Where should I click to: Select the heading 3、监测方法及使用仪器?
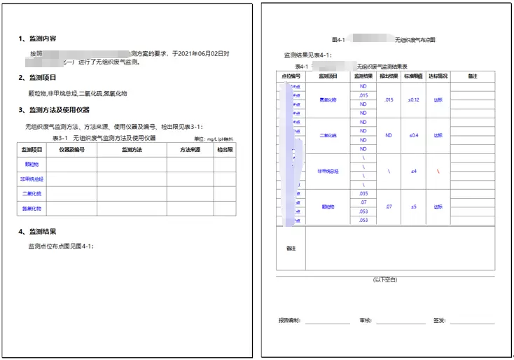click(x=59, y=110)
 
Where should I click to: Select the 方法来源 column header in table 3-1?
click(x=189, y=150)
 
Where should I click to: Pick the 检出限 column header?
click(x=225, y=150)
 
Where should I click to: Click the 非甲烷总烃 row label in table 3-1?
click(x=32, y=179)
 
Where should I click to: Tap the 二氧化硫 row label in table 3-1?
click(x=32, y=193)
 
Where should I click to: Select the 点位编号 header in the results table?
click(x=291, y=76)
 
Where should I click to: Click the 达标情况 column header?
click(x=438, y=76)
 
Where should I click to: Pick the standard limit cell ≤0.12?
click(x=413, y=99)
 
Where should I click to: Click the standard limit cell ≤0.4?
click(x=413, y=135)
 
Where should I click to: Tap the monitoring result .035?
click(x=363, y=193)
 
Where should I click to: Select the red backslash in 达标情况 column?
click(x=438, y=171)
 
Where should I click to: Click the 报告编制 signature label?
click(x=289, y=320)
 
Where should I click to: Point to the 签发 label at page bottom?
click(x=439, y=320)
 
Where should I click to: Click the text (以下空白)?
click(x=385, y=279)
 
